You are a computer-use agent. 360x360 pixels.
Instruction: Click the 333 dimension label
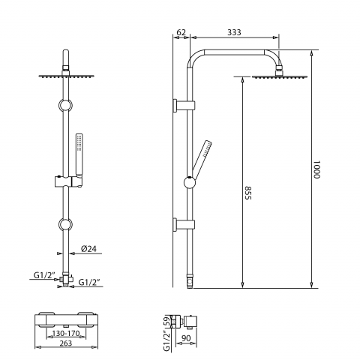coord(234,32)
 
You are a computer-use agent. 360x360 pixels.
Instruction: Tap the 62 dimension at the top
coord(181,32)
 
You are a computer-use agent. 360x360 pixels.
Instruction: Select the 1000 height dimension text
coord(316,169)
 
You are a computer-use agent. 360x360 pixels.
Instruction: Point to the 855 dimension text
coord(247,193)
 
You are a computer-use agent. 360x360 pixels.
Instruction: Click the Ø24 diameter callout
coord(88,249)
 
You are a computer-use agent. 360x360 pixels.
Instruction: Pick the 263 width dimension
coord(66,343)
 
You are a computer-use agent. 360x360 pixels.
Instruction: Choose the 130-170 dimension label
coord(66,333)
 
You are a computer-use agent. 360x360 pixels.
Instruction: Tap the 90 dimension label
coord(186,338)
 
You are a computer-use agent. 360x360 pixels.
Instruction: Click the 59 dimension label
coord(166,321)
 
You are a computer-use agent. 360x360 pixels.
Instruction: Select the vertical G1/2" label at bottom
coord(166,340)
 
